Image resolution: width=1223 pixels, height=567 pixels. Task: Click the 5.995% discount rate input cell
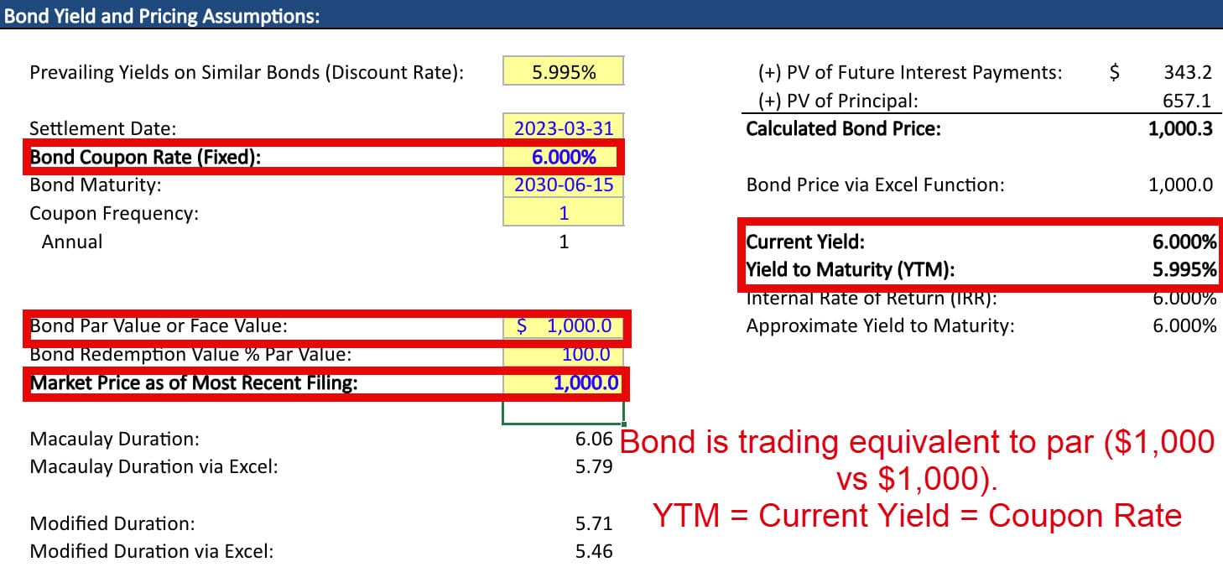[564, 72]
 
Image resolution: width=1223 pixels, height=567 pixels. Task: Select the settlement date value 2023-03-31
[564, 128]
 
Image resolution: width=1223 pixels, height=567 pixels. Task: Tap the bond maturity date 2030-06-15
[564, 185]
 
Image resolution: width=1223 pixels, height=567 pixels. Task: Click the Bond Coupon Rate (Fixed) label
[145, 157]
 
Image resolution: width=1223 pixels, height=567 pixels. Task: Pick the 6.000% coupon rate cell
[564, 157]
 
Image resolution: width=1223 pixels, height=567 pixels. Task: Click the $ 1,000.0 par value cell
[564, 326]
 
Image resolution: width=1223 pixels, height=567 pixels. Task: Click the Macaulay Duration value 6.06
[594, 439]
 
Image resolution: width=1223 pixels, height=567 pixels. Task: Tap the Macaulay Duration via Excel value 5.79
[594, 466]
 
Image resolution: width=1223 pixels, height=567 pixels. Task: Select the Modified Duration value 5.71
[594, 523]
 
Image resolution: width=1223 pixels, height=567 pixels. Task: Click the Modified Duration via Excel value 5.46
[594, 551]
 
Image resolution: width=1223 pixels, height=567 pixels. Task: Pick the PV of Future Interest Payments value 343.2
[1187, 72]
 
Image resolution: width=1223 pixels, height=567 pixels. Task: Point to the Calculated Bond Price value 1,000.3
[1180, 129]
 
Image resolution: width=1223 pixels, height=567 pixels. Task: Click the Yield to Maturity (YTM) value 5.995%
[1184, 270]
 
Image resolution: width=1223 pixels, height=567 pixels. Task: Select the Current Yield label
[805, 242]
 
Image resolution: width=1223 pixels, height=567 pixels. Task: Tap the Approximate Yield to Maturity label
[880, 326]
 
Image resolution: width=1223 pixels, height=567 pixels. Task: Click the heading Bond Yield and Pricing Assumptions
[161, 16]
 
